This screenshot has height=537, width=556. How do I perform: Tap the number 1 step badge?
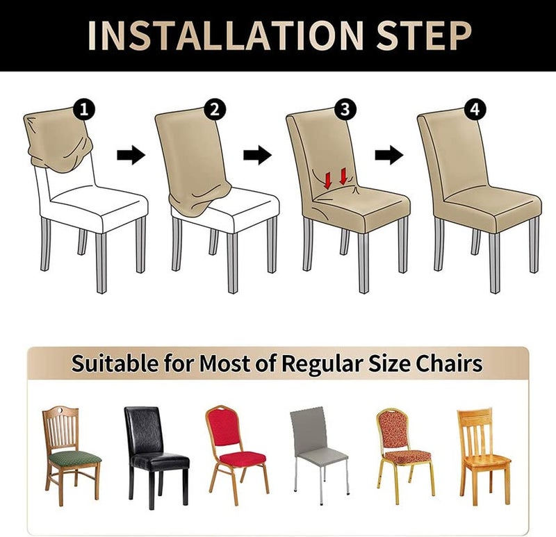pyautogui.click(x=84, y=109)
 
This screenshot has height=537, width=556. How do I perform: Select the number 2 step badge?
pyautogui.click(x=215, y=109)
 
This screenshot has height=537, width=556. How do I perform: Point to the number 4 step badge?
pyautogui.click(x=475, y=109)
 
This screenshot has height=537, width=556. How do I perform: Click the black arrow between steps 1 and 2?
pyautogui.click(x=131, y=154)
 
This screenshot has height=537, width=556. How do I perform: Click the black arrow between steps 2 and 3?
pyautogui.click(x=257, y=154)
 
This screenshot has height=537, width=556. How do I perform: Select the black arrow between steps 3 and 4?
pyautogui.click(x=389, y=154)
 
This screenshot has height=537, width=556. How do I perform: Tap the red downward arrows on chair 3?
pyautogui.click(x=336, y=179)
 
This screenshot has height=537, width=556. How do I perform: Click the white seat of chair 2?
pyautogui.click(x=236, y=205)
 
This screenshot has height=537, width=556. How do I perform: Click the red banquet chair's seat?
pyautogui.click(x=238, y=458)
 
